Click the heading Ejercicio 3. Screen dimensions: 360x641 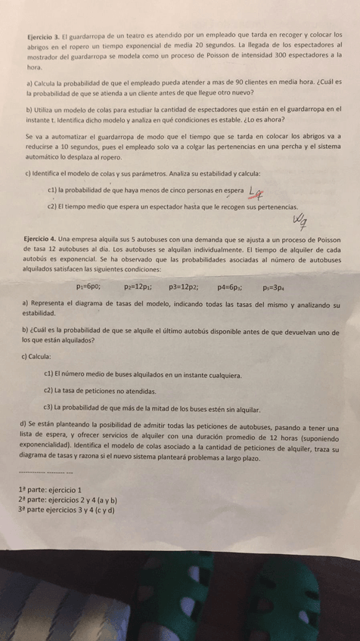42,35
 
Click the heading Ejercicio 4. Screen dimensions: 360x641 42,238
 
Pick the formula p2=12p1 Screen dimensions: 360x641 138,287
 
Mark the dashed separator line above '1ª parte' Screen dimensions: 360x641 45,472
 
